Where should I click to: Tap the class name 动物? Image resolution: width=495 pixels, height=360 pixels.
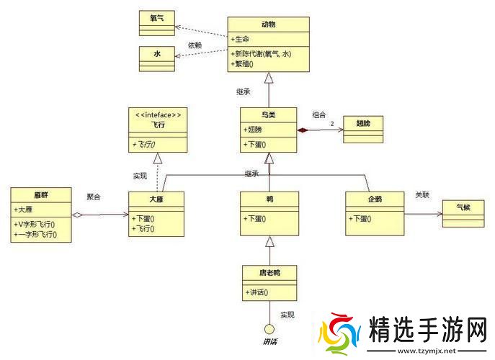coord(268,24)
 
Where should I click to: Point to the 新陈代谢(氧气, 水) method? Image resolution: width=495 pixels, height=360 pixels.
coord(266,54)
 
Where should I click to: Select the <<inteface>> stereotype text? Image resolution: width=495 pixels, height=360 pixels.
coord(158,114)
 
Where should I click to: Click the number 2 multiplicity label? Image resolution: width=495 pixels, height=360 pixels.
coord(332,125)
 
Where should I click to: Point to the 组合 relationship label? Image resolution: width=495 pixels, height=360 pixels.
coord(318,114)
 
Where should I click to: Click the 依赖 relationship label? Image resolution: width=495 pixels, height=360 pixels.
coord(195,45)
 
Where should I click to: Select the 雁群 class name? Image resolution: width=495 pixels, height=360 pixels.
coord(41,195)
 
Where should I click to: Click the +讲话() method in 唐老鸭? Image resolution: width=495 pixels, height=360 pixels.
coord(257,292)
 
